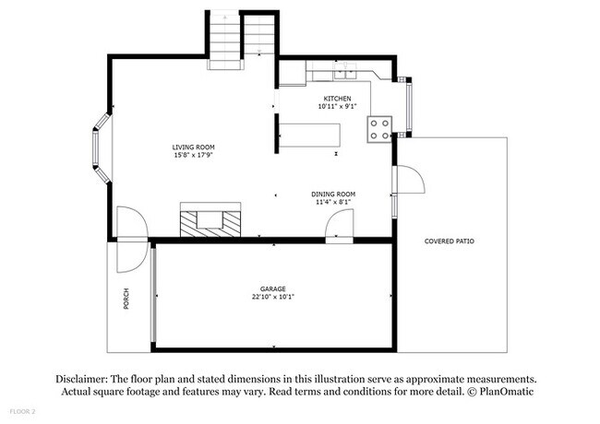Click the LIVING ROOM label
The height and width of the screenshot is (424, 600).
[194, 147]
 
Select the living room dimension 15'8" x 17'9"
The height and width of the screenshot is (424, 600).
[194, 155]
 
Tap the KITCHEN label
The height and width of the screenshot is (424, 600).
[336, 98]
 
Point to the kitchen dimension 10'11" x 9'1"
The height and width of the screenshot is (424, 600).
[336, 106]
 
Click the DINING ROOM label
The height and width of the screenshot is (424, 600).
[334, 194]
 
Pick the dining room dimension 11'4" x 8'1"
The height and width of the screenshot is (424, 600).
[334, 202]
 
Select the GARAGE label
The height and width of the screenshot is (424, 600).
[273, 289]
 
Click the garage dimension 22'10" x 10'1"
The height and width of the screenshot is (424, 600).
[273, 297]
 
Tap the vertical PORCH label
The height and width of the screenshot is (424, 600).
[126, 300]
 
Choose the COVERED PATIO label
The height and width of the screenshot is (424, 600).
[449, 241]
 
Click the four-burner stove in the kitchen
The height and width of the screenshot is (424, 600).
[379, 129]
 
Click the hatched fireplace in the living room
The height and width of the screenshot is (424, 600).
[211, 222]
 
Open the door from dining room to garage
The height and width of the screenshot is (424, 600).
[341, 225]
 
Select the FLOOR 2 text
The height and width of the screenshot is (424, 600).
[23, 410]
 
